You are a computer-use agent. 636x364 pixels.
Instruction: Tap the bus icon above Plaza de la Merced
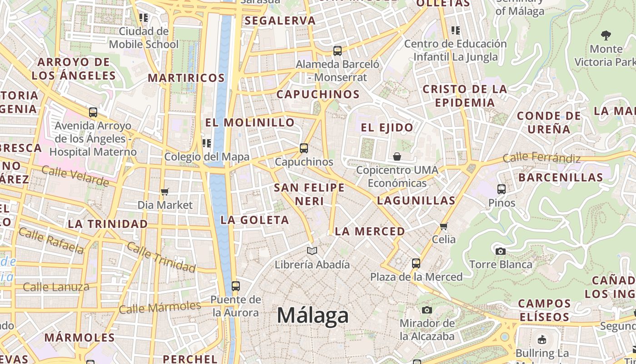coord(416,263)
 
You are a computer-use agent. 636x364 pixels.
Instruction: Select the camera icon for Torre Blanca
coord(500,251)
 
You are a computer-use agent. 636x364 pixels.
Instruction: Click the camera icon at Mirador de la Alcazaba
coord(427,310)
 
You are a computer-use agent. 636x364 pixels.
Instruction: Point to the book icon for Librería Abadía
coord(312,251)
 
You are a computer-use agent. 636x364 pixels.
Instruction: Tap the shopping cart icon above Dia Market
coord(165,192)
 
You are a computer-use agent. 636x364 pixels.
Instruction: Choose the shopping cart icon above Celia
coord(444,226)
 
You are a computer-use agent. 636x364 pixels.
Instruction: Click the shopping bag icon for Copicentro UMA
coord(397,157)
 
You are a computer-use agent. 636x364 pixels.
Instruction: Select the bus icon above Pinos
coord(502,189)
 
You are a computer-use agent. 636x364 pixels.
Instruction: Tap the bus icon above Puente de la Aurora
coord(235,286)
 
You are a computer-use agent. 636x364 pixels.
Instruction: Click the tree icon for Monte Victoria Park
coord(606,35)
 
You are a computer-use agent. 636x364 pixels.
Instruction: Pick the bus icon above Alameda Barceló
coord(337,51)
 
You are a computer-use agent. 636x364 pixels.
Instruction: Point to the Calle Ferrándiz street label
coord(542,158)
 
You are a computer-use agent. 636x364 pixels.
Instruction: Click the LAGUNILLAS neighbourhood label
coord(416,200)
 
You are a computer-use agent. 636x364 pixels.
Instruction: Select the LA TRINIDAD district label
coord(108,224)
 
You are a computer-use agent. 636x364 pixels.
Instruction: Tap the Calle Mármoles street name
coord(159,308)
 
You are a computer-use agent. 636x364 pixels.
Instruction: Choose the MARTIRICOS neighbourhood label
coord(186,78)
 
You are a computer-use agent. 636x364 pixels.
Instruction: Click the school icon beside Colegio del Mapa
coord(207,144)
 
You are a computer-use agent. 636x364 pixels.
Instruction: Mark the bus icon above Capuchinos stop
coord(303,148)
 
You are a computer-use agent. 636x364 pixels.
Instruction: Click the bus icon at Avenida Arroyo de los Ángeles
coord(93,112)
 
